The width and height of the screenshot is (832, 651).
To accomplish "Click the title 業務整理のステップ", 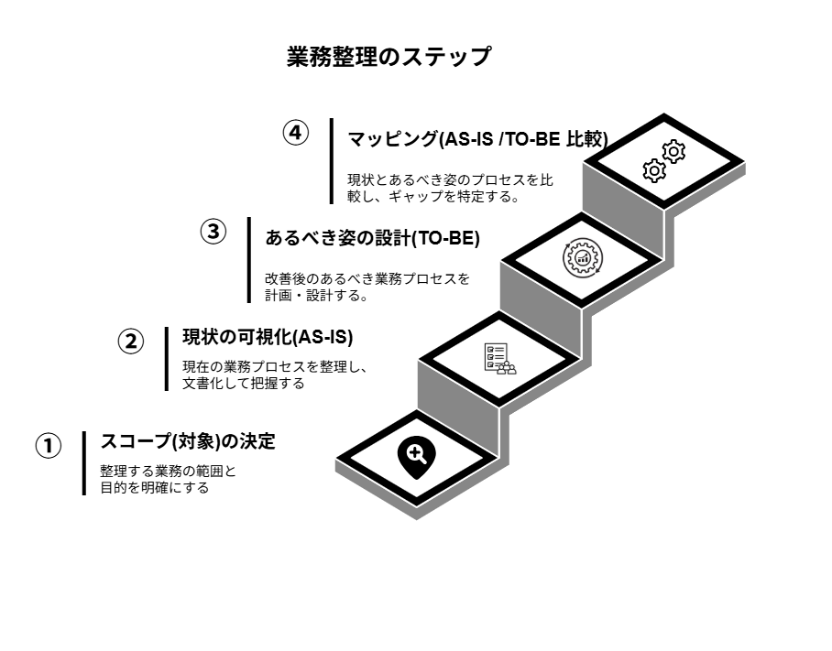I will point(389,57).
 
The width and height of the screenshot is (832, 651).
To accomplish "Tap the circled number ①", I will point(49,447).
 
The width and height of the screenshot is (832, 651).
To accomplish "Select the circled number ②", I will point(131,342).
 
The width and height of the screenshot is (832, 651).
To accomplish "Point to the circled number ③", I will point(213,233).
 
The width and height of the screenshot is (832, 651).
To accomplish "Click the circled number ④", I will point(294,133).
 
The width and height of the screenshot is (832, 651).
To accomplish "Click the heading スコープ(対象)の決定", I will point(188,441).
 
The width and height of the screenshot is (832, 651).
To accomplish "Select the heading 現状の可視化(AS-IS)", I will point(268,337).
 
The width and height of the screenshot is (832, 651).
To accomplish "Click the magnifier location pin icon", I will point(415,456).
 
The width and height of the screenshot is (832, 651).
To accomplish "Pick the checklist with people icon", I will point(499,358).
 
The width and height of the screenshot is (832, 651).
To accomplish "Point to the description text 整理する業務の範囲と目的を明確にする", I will point(168,480).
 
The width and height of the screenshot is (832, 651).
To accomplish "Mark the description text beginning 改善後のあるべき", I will point(367,287).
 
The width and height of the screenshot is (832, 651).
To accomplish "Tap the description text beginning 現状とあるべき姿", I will point(450,187).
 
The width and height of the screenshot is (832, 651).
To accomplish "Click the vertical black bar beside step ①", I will point(83,463).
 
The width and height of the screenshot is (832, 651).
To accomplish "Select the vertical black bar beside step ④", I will point(332,160).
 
